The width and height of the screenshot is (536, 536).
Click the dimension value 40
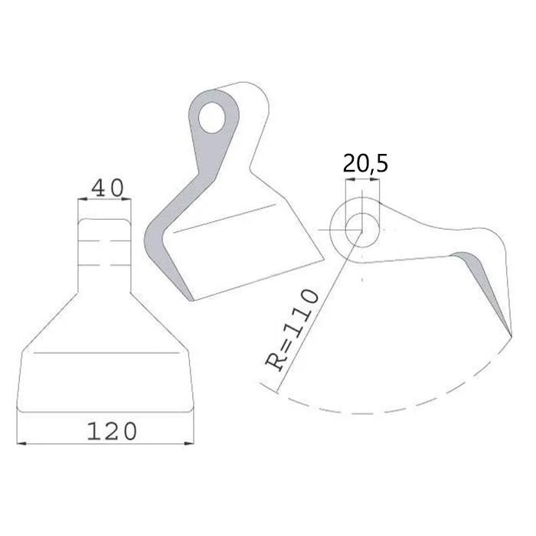tap(107, 188)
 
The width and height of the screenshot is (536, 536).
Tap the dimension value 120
tap(112, 431)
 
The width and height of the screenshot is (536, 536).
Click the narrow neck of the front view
tap(105, 245)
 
